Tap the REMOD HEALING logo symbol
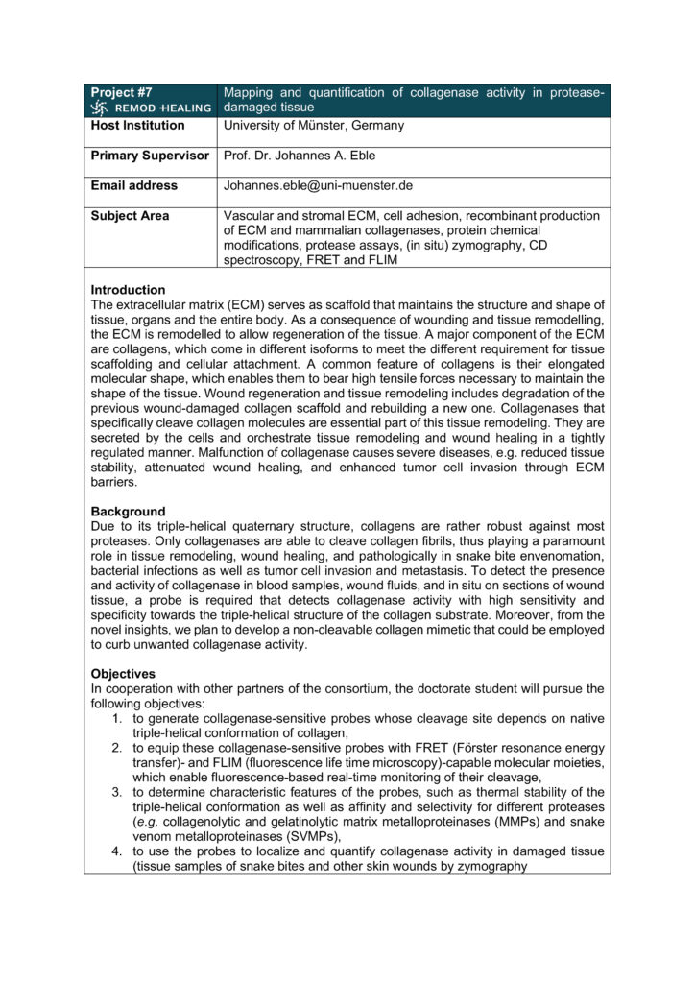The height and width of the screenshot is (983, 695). tap(99, 108)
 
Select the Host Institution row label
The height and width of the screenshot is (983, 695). tap(137, 125)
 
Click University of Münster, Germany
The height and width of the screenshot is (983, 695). tap(314, 125)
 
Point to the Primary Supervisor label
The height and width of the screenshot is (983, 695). tap(150, 156)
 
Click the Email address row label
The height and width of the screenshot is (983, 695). tap(134, 185)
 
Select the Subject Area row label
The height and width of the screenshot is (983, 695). tap(130, 216)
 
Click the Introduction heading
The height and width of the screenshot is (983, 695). tap(128, 290)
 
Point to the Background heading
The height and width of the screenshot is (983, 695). tap(128, 512)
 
